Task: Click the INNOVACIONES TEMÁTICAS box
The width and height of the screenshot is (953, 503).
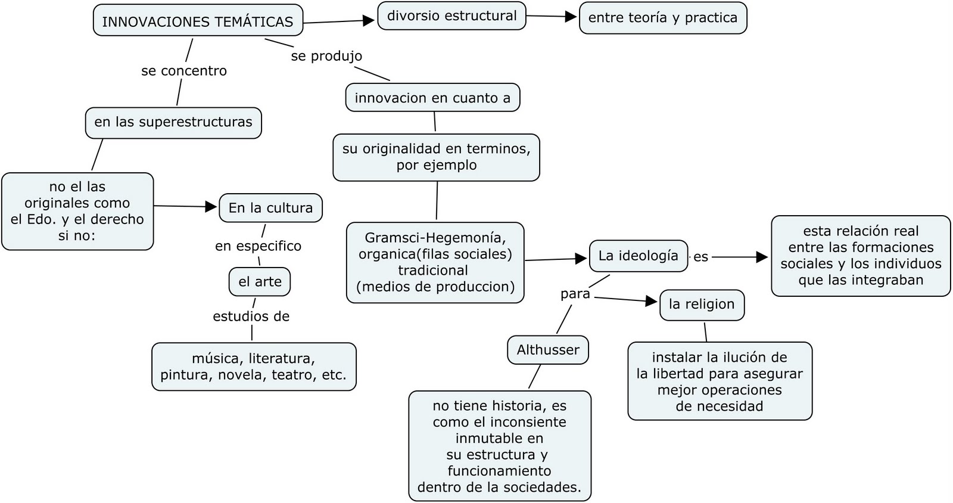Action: click(x=198, y=21)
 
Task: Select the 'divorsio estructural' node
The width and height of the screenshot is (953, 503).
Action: click(x=452, y=15)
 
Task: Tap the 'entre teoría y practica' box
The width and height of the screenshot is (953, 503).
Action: click(x=662, y=18)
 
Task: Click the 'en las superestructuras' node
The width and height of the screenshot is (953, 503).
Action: click(x=173, y=122)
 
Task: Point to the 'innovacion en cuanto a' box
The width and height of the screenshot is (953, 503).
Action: click(x=432, y=98)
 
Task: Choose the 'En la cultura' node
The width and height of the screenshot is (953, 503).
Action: click(x=270, y=208)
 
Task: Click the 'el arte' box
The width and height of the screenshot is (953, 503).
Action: click(x=260, y=282)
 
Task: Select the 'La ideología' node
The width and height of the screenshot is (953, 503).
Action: click(x=638, y=256)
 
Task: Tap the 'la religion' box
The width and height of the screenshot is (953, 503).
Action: click(x=702, y=304)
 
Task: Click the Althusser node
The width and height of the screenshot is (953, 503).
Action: click(x=548, y=350)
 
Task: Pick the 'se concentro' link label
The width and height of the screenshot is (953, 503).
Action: click(x=184, y=71)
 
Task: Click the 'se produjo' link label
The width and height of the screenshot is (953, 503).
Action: click(x=326, y=56)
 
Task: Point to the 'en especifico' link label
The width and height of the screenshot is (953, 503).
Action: click(x=258, y=246)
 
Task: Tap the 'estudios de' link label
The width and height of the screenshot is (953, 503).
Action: click(x=251, y=316)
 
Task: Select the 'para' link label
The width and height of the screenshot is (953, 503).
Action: click(x=575, y=294)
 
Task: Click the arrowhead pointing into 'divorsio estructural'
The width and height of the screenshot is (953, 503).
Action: click(x=370, y=21)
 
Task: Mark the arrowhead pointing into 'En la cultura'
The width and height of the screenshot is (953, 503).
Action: click(x=211, y=207)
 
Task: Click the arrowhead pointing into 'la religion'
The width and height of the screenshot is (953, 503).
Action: click(x=652, y=301)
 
